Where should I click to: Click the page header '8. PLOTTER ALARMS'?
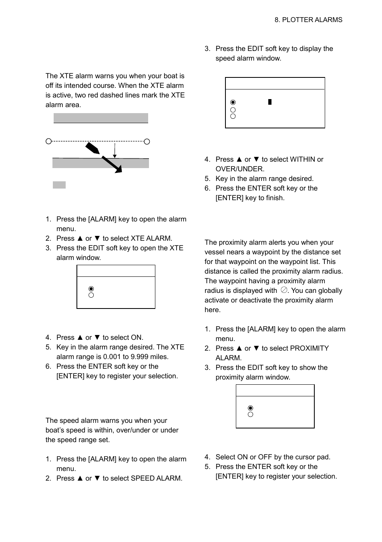tap(308, 20)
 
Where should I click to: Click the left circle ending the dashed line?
tap(48, 141)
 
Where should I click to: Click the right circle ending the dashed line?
tap(147, 141)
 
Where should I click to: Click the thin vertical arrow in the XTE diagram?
tap(115, 150)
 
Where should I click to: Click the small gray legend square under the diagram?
tap(59, 185)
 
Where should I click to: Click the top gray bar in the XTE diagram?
tap(101, 118)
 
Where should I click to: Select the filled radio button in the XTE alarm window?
tap(91, 289)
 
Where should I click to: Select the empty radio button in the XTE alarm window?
tap(91, 295)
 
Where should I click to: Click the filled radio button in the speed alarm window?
tap(233, 102)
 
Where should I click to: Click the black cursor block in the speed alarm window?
tap(270, 102)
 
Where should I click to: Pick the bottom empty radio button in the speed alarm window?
tap(233, 116)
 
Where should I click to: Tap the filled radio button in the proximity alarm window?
tap(251, 408)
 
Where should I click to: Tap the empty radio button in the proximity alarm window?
tap(251, 414)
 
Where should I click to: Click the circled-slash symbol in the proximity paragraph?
tap(284, 290)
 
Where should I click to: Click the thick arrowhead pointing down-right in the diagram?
tap(118, 169)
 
